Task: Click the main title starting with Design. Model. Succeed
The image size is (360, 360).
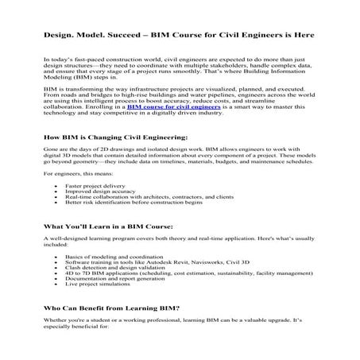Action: point(179,36)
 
